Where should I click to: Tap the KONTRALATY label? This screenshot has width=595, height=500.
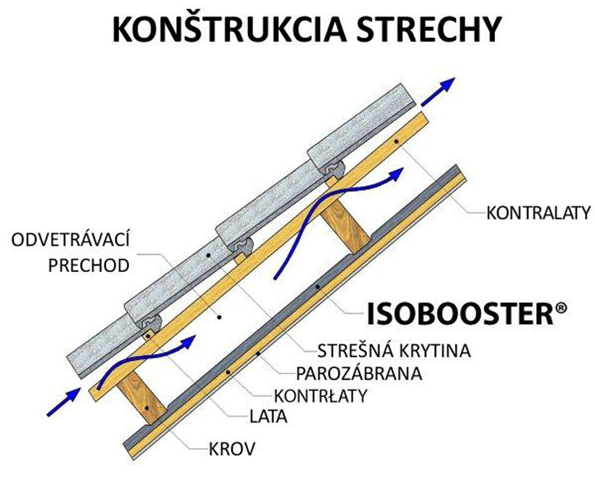tap(538, 212)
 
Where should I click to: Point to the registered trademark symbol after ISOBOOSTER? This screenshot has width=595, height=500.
tap(560, 308)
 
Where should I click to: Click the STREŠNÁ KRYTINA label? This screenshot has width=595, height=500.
tap(394, 351)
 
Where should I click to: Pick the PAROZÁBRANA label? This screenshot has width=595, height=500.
tap(359, 373)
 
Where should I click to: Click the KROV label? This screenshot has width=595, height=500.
tap(232, 448)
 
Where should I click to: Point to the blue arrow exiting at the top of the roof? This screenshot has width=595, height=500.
tap(440, 90)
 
